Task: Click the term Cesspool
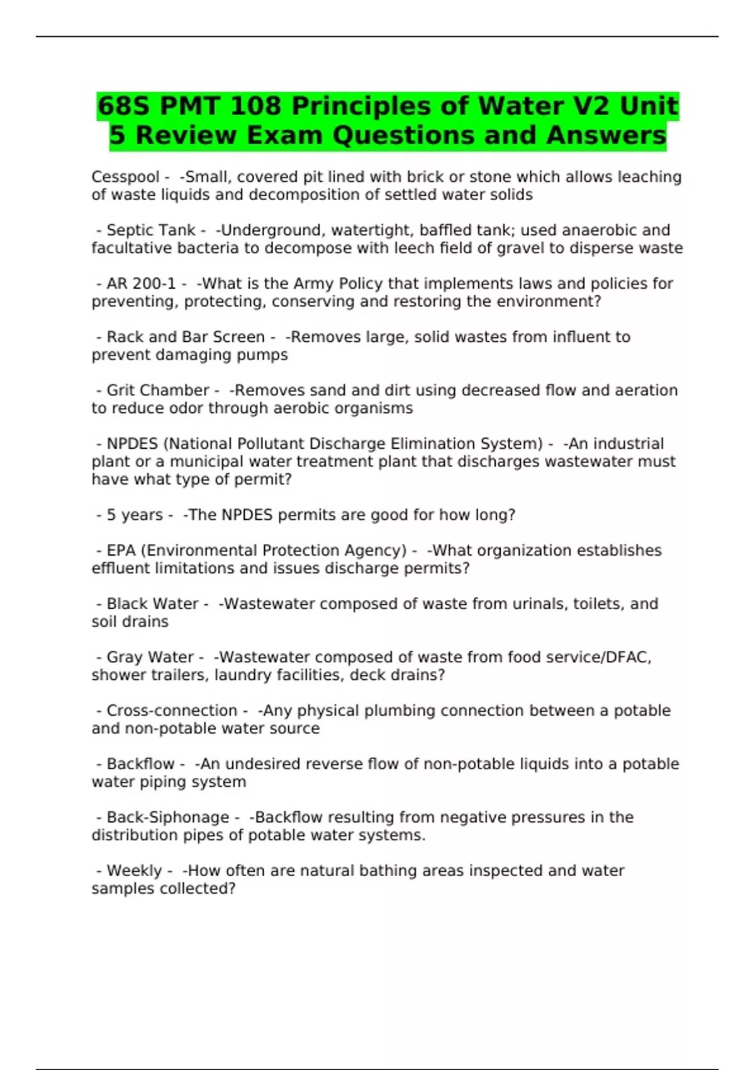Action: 125,177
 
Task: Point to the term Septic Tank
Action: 151,230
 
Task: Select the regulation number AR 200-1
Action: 141,284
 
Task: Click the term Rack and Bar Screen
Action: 186,337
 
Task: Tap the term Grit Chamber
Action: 157,390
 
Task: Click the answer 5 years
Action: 135,515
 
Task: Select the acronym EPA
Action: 121,551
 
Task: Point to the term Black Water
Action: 152,604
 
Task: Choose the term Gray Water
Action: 150,657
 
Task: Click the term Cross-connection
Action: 172,711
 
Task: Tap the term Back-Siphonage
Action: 167,817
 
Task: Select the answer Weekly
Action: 134,870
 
